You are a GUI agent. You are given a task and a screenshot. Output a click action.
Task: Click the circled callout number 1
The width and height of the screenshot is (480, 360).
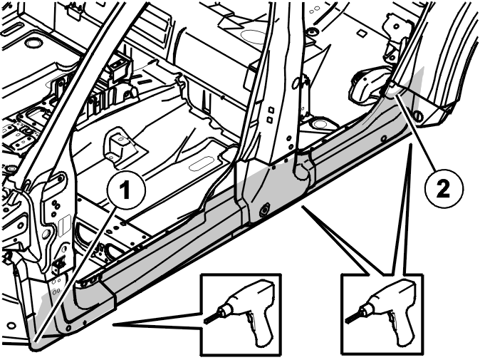coord(127,190)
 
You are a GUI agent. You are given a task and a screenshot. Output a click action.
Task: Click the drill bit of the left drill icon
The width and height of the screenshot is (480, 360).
coord(211,318)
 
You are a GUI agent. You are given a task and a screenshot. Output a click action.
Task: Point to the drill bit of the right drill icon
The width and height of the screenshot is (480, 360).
coord(352,318)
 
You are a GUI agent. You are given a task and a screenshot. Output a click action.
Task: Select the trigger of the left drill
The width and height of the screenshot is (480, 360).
coord(251,320)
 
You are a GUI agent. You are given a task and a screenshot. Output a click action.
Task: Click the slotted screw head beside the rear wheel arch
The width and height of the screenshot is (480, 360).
coord(419,116)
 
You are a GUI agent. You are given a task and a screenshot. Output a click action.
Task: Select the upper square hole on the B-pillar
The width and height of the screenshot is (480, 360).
coord(271,110)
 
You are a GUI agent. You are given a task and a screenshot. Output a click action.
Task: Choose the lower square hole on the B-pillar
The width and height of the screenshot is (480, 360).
coord(270,120)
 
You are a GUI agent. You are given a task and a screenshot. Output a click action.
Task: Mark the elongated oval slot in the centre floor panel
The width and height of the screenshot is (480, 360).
coord(201,164)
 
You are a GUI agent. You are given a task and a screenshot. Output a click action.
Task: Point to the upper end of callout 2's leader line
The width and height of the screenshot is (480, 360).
coord(397,97)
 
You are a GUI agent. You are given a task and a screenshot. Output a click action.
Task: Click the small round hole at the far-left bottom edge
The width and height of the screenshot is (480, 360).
coord(11,325)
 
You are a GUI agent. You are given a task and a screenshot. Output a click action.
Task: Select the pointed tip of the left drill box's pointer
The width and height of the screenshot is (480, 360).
coord(113,324)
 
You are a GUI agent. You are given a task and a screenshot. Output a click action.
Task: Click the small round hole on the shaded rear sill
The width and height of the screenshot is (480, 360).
coord(384,139)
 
